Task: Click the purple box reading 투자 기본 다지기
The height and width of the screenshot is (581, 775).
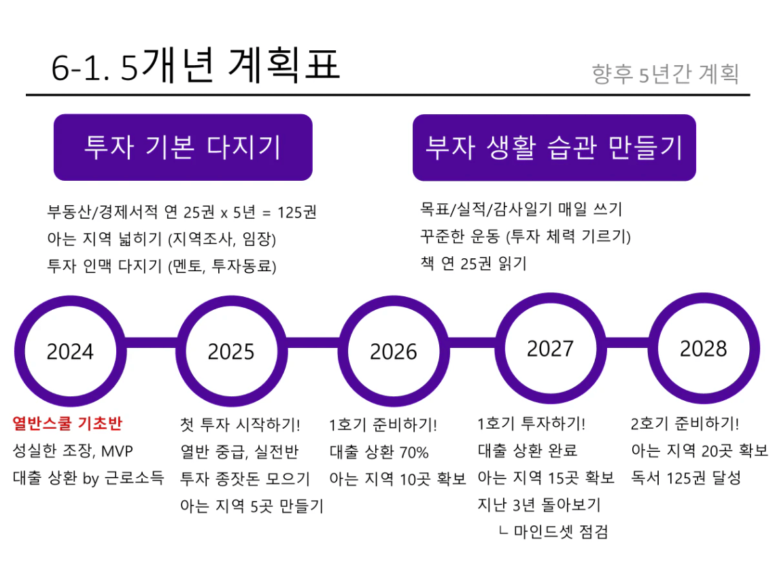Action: point(183,147)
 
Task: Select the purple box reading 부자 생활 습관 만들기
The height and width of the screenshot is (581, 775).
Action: point(554,147)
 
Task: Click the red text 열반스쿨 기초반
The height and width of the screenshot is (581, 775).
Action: point(67,423)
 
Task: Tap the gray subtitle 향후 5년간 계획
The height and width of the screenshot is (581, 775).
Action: point(666,74)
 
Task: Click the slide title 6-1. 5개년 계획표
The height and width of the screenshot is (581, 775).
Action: point(196,65)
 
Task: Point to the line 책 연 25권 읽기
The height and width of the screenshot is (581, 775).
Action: point(474,263)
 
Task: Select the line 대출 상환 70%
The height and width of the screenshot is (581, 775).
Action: point(379,452)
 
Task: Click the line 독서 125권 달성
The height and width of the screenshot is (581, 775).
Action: point(686,478)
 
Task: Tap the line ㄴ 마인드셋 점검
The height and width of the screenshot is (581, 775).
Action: point(553,531)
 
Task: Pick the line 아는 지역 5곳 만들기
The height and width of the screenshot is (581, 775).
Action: point(252,506)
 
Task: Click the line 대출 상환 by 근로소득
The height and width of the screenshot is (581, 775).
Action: point(88,478)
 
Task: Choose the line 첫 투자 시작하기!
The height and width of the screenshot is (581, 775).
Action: point(240,425)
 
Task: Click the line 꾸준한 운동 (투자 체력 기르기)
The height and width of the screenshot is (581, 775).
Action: point(526,236)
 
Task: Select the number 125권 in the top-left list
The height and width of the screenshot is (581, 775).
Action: point(296,213)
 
